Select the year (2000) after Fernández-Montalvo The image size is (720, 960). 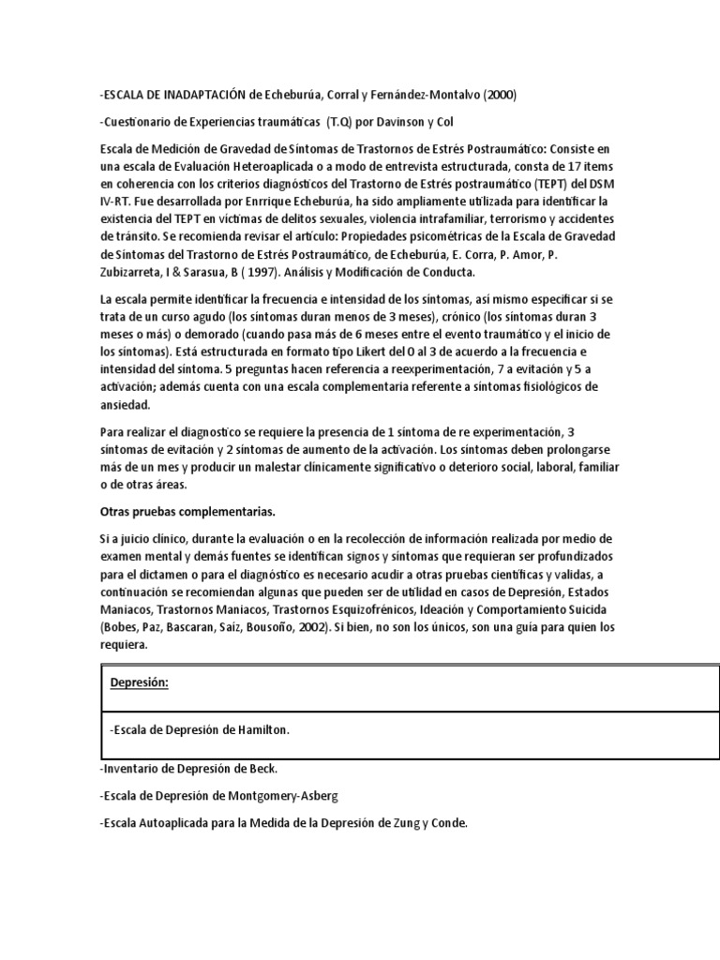click(496, 96)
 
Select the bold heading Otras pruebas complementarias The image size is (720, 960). click(187, 512)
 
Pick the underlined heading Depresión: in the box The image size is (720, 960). click(139, 682)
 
